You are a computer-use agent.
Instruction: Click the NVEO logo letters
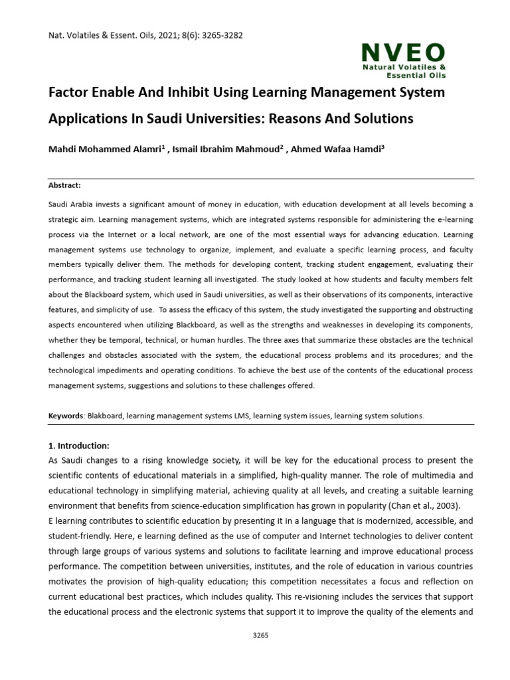[x=403, y=52]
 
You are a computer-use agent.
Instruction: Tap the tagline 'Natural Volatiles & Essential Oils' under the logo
[x=403, y=72]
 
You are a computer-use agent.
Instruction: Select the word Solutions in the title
[x=380, y=119]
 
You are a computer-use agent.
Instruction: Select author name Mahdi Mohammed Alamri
[x=104, y=149]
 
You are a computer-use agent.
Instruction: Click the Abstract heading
[x=64, y=185]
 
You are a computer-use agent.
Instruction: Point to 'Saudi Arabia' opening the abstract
[x=69, y=204]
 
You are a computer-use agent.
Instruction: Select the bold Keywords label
[x=66, y=416]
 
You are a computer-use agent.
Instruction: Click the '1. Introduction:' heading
[x=79, y=446]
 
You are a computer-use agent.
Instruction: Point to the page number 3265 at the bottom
[x=261, y=636]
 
